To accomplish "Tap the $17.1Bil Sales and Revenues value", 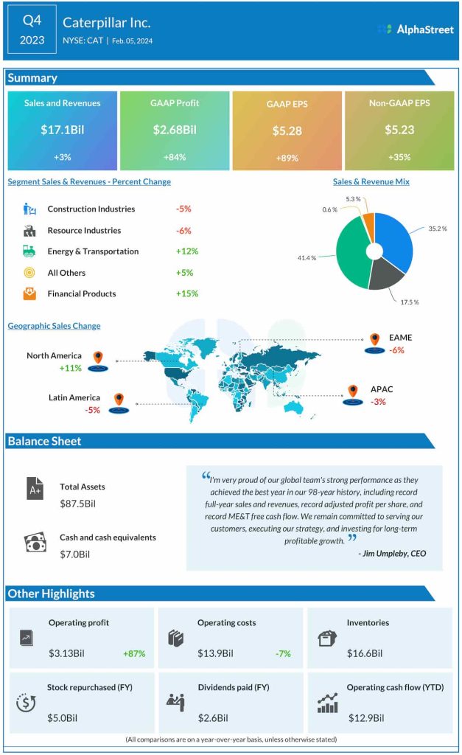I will click(62, 130).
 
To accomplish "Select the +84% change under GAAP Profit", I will click(174, 157).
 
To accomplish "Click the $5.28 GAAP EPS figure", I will click(287, 131).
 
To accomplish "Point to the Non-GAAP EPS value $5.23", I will click(399, 130).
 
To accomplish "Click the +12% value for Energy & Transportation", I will click(187, 251).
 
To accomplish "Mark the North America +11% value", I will click(71, 367).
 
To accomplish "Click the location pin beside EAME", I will click(374, 340).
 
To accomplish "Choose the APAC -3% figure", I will click(379, 402).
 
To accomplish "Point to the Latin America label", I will click(74, 397).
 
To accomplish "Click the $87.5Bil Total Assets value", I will click(78, 503).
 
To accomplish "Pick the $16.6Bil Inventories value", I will click(364, 653).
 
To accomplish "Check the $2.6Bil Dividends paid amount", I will click(213, 717).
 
